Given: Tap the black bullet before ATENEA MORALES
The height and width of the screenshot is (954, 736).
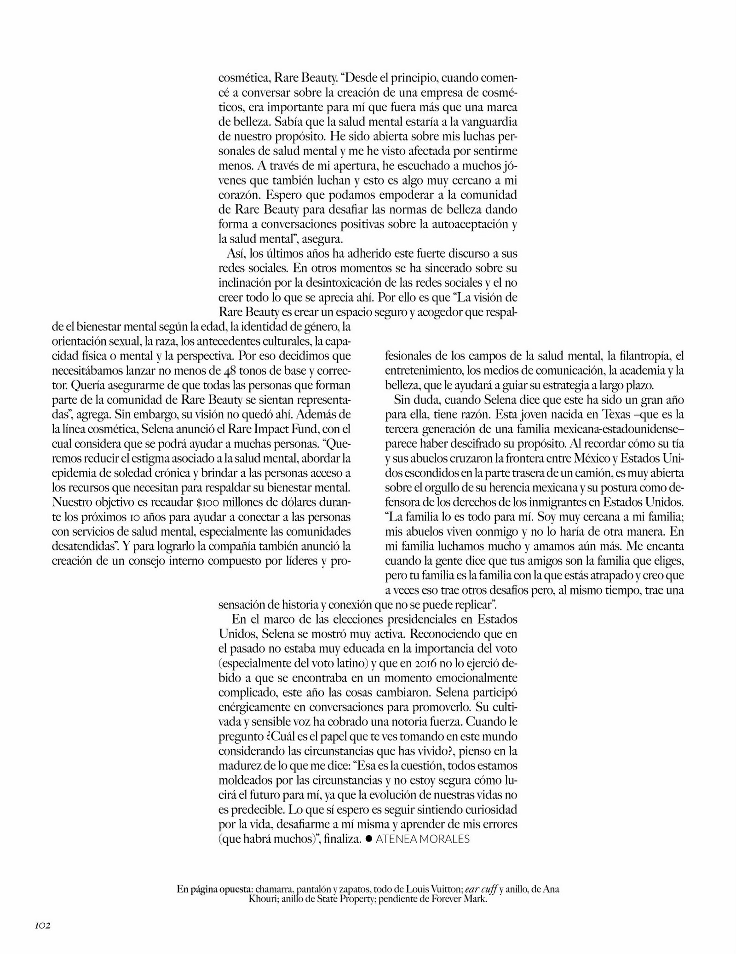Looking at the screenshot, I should click(368, 838).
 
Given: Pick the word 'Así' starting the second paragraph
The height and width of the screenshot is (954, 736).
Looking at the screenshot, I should click(235, 253).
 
